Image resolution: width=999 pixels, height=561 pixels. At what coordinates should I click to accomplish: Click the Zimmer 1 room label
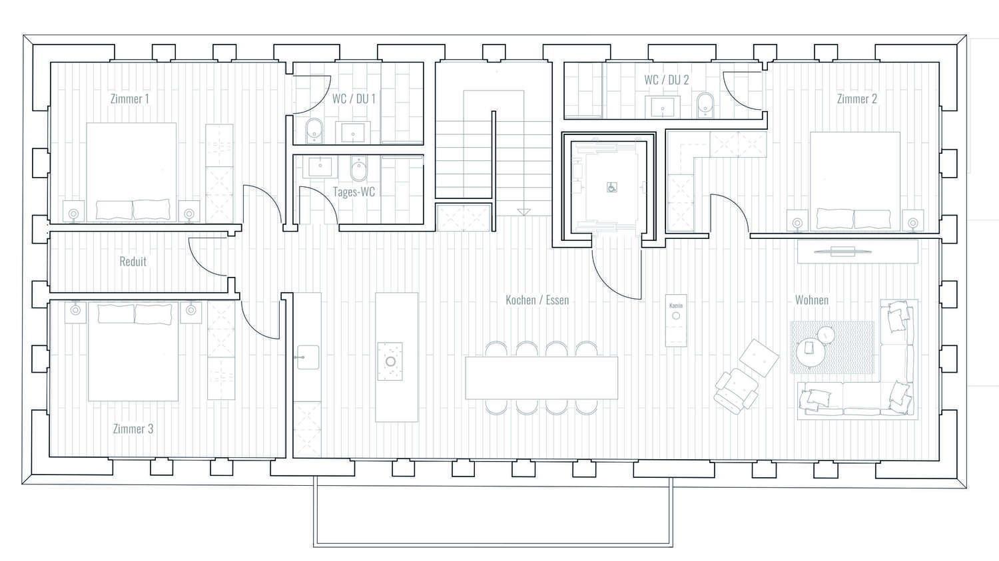pos(130,98)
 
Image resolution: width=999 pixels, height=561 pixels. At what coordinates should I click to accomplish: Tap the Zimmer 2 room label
pos(856,98)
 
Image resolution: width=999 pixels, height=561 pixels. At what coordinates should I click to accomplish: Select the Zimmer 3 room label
pos(133,429)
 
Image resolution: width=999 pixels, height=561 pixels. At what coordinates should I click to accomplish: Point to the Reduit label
pos(133,261)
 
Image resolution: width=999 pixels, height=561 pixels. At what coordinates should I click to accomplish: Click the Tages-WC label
pos(354,192)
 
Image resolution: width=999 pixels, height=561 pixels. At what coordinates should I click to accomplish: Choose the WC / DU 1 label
pos(354,98)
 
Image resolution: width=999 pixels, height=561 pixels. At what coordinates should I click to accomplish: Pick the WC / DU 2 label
pos(666,80)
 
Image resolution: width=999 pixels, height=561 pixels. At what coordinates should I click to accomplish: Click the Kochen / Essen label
pos(537,300)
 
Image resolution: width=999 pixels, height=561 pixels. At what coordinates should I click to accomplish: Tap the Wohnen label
pos(812,300)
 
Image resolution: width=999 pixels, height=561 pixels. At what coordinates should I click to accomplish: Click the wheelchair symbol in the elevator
pos(612,188)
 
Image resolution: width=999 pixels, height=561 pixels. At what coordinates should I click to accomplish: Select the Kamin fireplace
pos(676,320)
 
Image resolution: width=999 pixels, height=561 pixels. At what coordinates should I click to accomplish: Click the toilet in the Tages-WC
pos(358,169)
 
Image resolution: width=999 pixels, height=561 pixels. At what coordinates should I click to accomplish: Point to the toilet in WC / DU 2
pos(705,104)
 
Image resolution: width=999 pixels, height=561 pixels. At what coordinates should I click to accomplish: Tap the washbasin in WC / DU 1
pos(353,132)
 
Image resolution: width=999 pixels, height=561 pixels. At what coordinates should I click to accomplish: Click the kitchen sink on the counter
pos(308,357)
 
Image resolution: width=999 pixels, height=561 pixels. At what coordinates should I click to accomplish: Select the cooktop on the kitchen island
pos(390,361)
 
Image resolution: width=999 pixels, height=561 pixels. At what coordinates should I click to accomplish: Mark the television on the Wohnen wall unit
pos(842,252)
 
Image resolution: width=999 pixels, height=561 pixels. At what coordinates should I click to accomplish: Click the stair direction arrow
pos(523,212)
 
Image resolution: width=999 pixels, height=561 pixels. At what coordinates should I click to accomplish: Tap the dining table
pos(541,378)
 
